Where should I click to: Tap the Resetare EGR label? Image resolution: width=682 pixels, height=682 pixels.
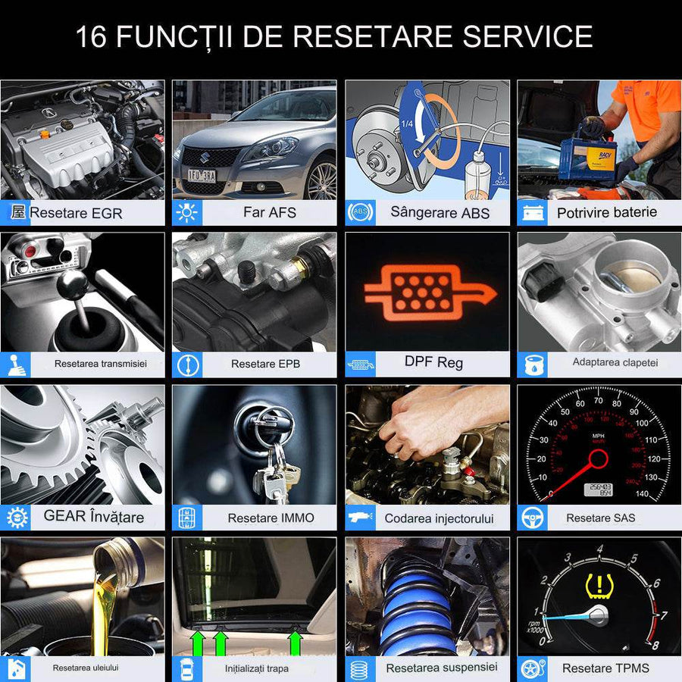(75, 213)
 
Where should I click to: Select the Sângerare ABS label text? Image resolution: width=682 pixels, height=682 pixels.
(440, 212)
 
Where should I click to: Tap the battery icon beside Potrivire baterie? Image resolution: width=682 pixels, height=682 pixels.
(531, 213)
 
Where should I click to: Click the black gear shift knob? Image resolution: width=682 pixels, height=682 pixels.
(74, 285)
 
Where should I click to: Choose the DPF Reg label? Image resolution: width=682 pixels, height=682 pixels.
(433, 362)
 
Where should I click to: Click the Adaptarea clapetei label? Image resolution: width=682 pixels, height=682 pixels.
(615, 362)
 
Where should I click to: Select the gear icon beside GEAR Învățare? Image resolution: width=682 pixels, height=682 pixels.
(17, 518)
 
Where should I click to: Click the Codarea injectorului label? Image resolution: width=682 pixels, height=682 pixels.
(439, 518)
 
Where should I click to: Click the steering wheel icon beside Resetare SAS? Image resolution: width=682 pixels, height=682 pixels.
(532, 518)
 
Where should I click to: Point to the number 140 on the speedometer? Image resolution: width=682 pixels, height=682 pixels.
(642, 494)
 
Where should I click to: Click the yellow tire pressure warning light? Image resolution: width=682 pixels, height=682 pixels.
(599, 583)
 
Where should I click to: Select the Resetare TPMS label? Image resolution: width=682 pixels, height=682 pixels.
(606, 668)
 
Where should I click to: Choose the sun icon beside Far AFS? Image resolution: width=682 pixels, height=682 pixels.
(186, 213)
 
